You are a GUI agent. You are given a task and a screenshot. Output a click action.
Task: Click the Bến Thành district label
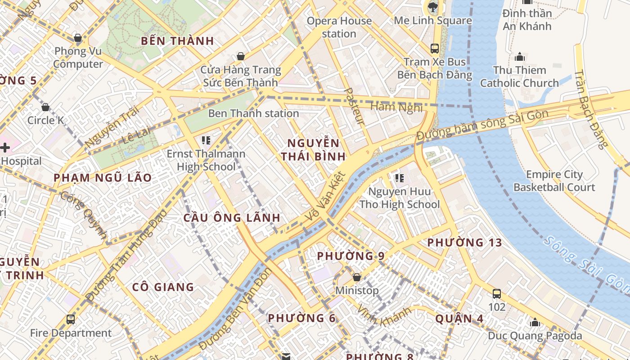(x=177, y=41)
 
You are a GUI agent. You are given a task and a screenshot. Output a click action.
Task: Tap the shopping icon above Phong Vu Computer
(x=78, y=38)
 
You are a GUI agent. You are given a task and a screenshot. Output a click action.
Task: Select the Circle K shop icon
(x=45, y=107)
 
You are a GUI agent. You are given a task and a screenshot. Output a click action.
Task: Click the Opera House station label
(x=339, y=27)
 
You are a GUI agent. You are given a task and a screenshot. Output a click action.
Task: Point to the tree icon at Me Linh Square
(x=433, y=7)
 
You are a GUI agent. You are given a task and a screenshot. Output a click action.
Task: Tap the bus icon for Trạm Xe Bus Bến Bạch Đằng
(x=435, y=48)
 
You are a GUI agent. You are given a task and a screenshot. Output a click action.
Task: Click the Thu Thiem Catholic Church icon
(x=520, y=57)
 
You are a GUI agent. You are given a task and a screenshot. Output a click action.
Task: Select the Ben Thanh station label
(x=253, y=113)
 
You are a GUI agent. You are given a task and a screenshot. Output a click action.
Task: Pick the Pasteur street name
(x=354, y=106)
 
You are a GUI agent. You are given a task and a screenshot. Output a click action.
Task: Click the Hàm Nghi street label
(x=396, y=107)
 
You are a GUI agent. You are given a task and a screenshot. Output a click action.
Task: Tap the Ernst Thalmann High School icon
(x=206, y=140)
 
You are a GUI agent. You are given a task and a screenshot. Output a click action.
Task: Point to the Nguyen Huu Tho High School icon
(x=399, y=178)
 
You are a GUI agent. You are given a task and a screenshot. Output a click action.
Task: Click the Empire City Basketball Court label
(x=554, y=181)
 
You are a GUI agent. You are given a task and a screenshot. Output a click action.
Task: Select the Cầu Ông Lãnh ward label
(x=232, y=218)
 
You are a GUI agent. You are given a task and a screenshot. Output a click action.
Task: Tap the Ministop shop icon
(x=357, y=277)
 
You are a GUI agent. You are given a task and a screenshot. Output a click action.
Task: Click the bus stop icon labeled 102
(x=497, y=294)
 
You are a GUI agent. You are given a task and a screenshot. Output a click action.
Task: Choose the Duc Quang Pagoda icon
(x=535, y=322)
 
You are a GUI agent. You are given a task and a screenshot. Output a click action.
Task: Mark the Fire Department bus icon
(x=71, y=319)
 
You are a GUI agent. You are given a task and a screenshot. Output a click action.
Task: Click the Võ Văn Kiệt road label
(x=325, y=197)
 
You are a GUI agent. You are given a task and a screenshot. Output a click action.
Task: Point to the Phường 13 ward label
(x=464, y=243)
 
